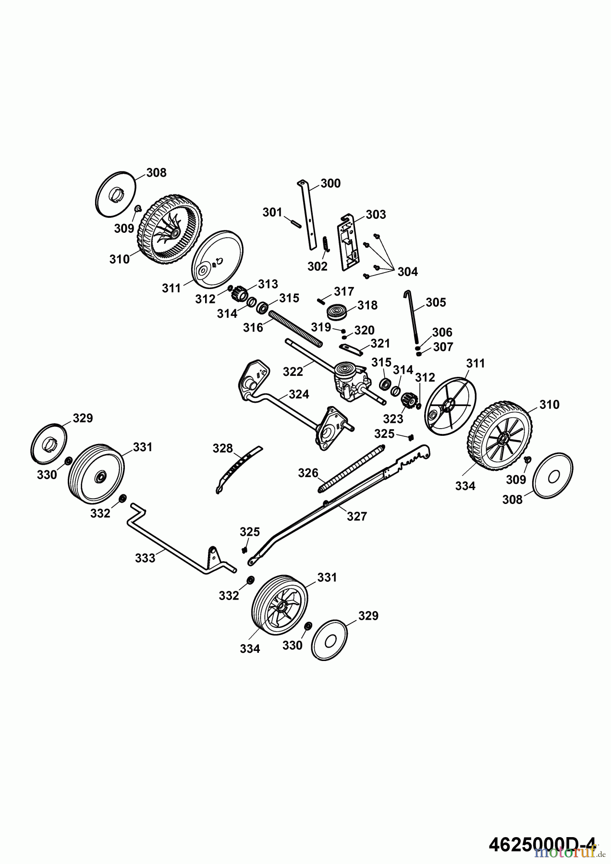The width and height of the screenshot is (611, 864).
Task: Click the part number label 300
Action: tap(330, 183)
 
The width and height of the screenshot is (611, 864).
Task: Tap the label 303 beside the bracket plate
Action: tap(376, 215)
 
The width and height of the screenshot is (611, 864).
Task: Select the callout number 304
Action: tap(407, 272)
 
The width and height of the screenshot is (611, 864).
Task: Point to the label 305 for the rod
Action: tap(436, 302)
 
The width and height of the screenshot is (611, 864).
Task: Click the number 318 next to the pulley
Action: tap(367, 305)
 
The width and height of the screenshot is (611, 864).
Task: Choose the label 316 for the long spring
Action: tap(253, 327)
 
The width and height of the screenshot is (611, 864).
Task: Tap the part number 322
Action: tap(293, 372)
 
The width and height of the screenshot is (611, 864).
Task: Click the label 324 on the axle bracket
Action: tap(299, 395)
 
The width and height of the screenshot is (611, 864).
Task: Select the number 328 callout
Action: tap(223, 448)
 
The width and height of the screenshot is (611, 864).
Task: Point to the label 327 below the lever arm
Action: tap(356, 516)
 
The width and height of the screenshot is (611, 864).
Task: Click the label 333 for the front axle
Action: tap(145, 558)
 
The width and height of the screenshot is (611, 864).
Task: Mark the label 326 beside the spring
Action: tap(308, 473)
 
